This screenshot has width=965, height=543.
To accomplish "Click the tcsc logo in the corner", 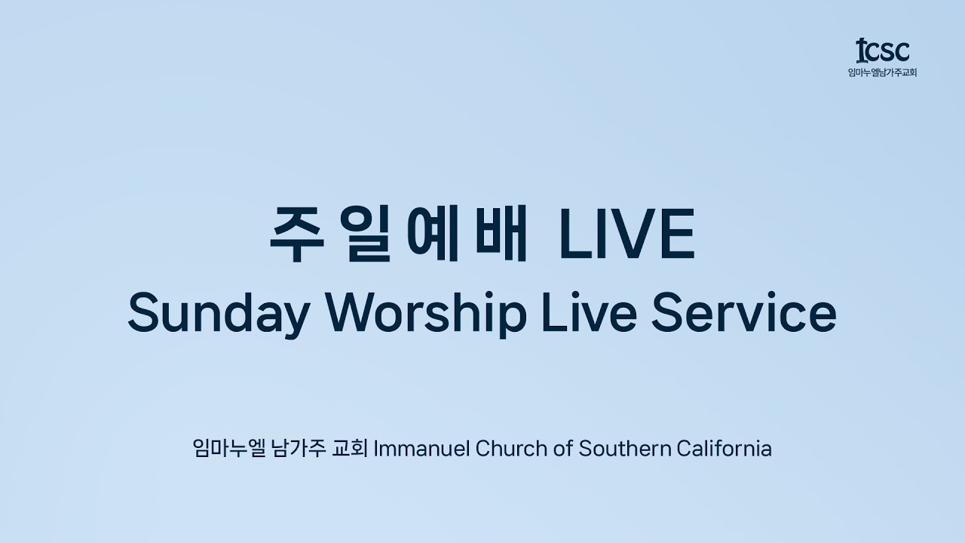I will pos(882,51).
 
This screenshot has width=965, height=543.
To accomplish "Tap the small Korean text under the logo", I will pos(882,73).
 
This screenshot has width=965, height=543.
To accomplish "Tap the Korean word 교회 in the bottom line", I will pos(349,449).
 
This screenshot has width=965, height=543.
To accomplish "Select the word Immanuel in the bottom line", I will pos(421,449).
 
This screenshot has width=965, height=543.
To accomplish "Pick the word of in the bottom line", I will pos(562,449).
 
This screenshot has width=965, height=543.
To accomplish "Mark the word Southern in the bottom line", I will pos(624,449).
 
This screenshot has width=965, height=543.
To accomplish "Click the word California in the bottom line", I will pos(725,449).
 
